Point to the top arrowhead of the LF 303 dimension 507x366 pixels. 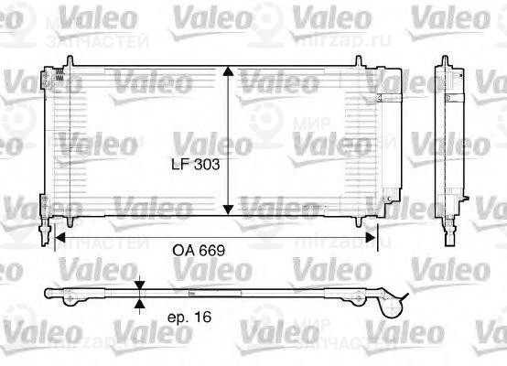coord(230,72)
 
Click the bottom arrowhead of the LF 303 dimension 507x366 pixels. coord(230,212)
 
